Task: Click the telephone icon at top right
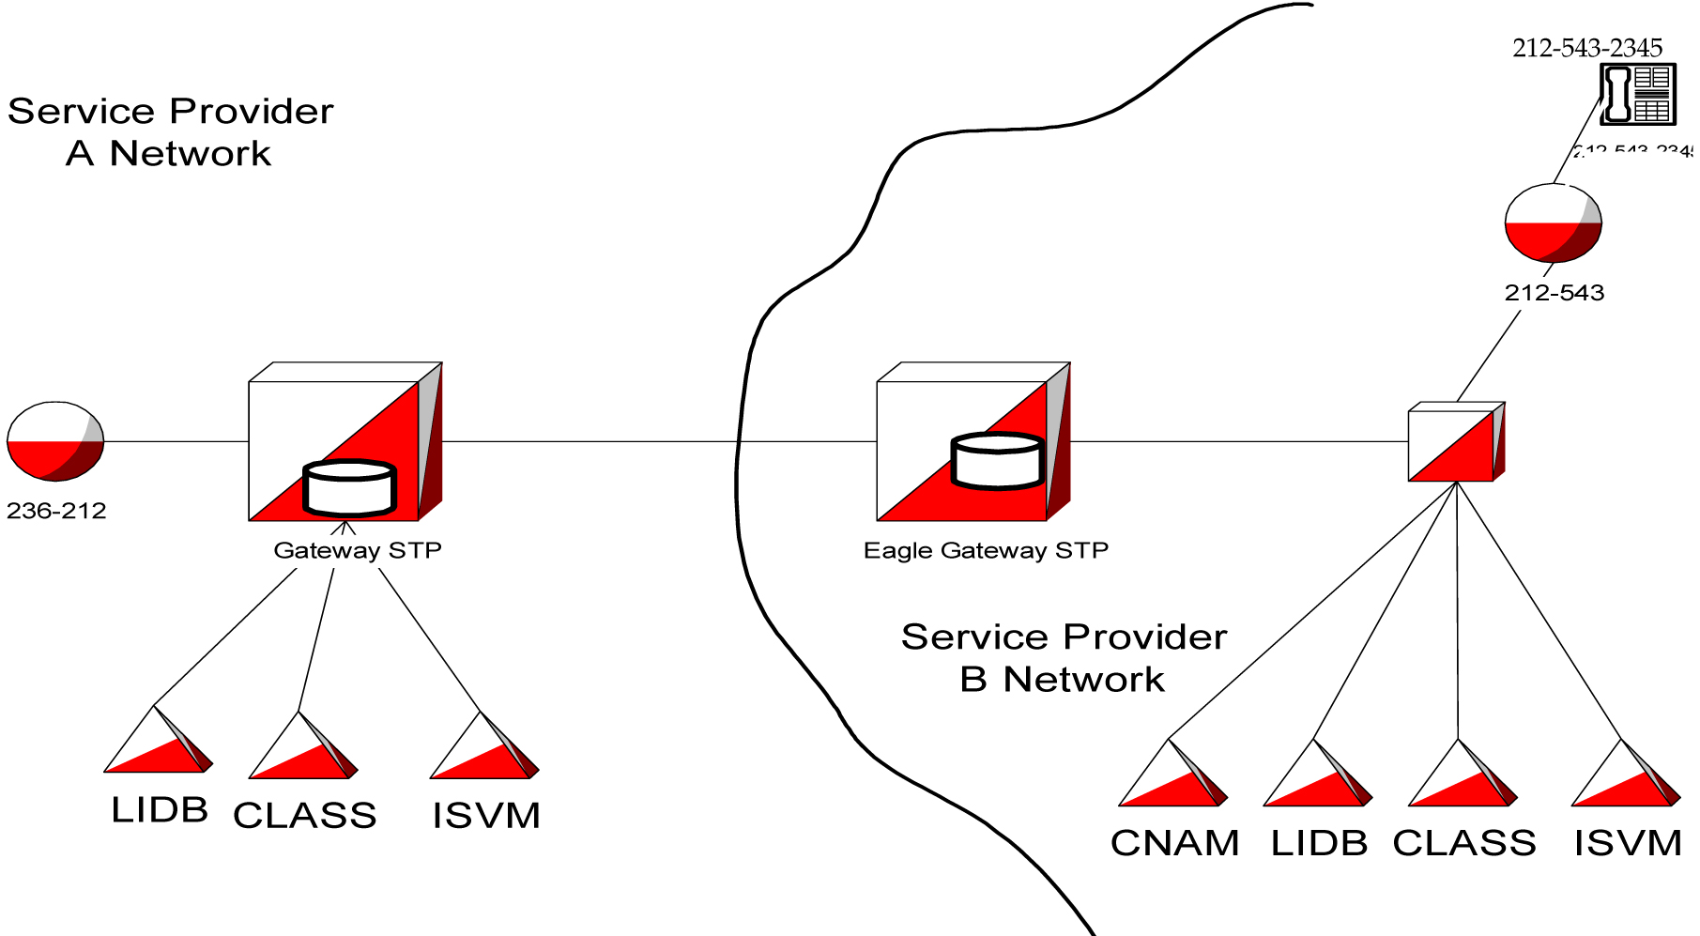[1637, 94]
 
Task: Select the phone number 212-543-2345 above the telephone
[1586, 48]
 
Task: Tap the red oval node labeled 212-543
[1553, 223]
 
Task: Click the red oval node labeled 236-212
[55, 441]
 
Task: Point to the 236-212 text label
[56, 511]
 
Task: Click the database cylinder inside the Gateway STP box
[349, 488]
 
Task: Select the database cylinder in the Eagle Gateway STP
[997, 461]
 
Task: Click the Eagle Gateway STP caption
[986, 550]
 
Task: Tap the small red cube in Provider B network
[1455, 443]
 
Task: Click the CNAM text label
[1174, 843]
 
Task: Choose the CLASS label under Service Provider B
[1463, 843]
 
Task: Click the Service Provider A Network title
[170, 132]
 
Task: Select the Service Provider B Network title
[1063, 658]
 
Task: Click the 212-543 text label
[1554, 293]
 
